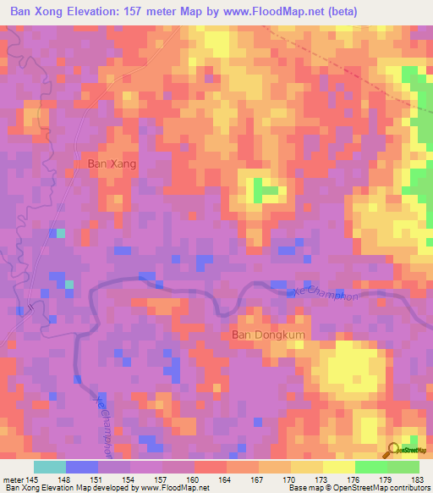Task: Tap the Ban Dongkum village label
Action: point(269,335)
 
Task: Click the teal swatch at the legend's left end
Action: point(50,468)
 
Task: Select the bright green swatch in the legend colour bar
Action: point(371,468)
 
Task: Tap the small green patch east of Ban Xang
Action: point(267,192)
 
